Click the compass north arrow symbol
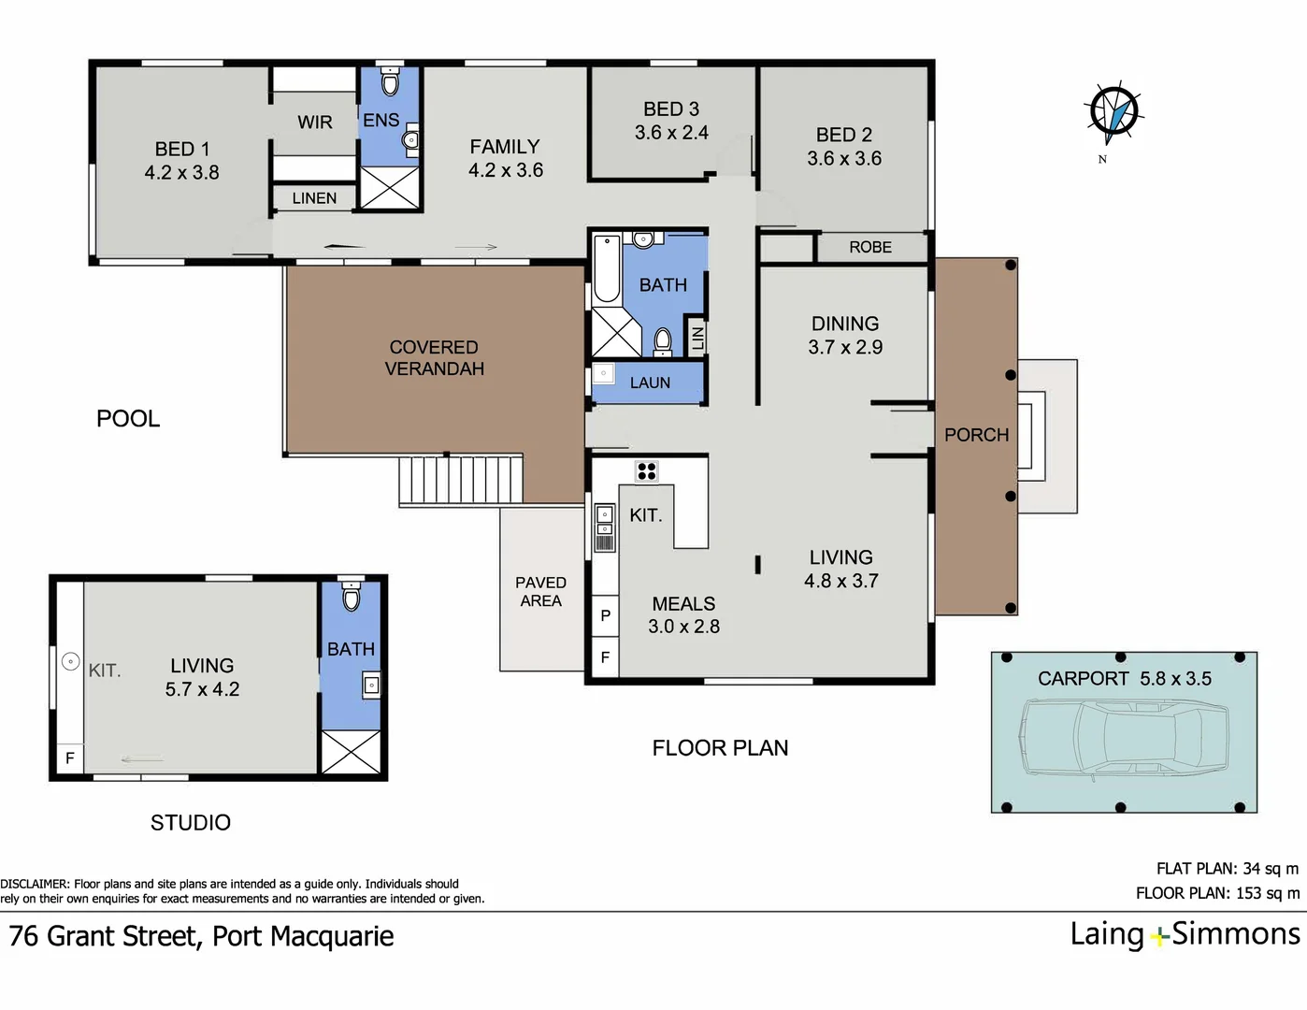coord(1113,113)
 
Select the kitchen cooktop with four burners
coord(647,471)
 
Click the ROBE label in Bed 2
coord(870,247)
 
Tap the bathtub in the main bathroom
coord(606,268)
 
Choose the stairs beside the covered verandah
coord(461,480)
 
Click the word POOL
coord(128,419)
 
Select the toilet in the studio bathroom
coord(351,596)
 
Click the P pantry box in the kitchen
coord(606,615)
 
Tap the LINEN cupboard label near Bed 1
coord(314,198)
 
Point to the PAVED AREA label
coord(540,591)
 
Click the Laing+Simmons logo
coord(1185,935)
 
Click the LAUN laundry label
coord(650,382)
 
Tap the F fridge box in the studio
coord(70,757)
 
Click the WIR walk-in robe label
coord(314,123)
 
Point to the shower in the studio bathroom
coord(352,752)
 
